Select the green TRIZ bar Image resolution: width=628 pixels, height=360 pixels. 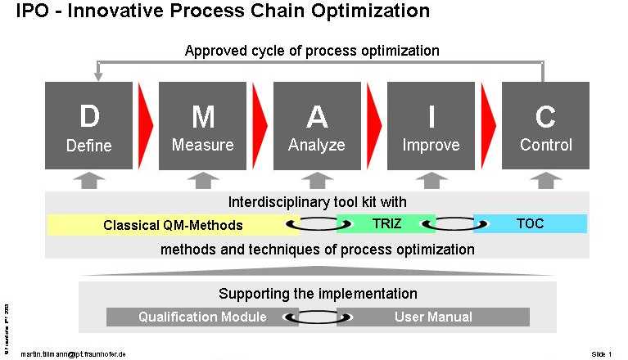coord(386,223)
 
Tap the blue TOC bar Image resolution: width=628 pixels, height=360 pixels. coord(531,223)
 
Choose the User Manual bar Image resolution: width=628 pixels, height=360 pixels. coord(433,317)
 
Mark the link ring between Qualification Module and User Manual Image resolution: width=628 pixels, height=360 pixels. coord(315,317)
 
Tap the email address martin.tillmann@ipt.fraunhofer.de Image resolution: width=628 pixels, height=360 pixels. coord(74,353)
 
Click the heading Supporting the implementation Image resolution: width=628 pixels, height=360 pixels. coord(318,294)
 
